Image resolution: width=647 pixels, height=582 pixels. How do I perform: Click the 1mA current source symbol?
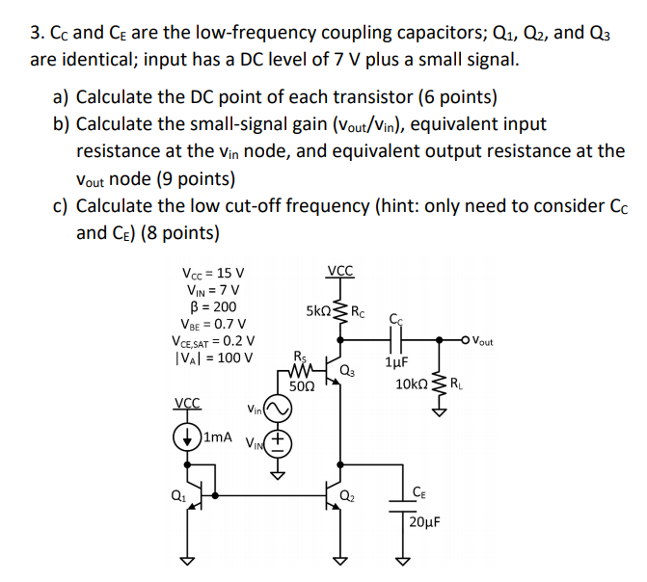[188, 436]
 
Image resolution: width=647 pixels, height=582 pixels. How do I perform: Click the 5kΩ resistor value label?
[319, 312]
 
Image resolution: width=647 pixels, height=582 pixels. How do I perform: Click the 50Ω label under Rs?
[303, 385]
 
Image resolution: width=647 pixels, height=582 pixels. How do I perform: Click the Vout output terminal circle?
[467, 339]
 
